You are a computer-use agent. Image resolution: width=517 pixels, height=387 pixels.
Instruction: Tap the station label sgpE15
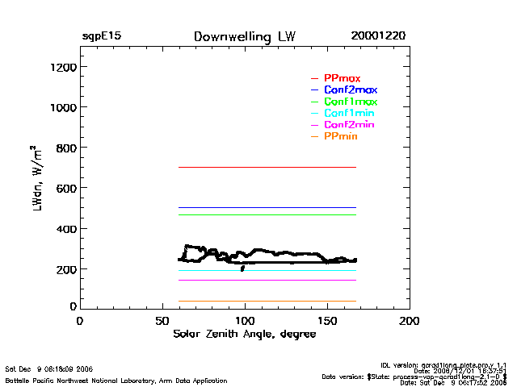[101, 36]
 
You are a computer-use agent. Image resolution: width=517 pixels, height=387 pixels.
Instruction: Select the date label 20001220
[378, 36]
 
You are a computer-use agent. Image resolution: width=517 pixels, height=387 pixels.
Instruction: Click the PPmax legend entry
[342, 77]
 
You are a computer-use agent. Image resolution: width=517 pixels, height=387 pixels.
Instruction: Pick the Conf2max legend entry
[350, 89]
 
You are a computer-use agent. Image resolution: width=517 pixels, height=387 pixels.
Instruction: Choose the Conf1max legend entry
[350, 102]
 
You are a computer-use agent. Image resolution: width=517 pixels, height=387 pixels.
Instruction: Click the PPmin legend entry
[340, 138]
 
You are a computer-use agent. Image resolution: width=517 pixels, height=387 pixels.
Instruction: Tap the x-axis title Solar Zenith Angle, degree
[243, 335]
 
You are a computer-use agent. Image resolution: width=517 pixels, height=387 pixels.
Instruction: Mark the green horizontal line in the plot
[267, 214]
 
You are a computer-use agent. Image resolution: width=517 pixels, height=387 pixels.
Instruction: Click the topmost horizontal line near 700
[267, 167]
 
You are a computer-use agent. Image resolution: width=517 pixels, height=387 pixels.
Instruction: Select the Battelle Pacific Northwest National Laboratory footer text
[116, 380]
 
